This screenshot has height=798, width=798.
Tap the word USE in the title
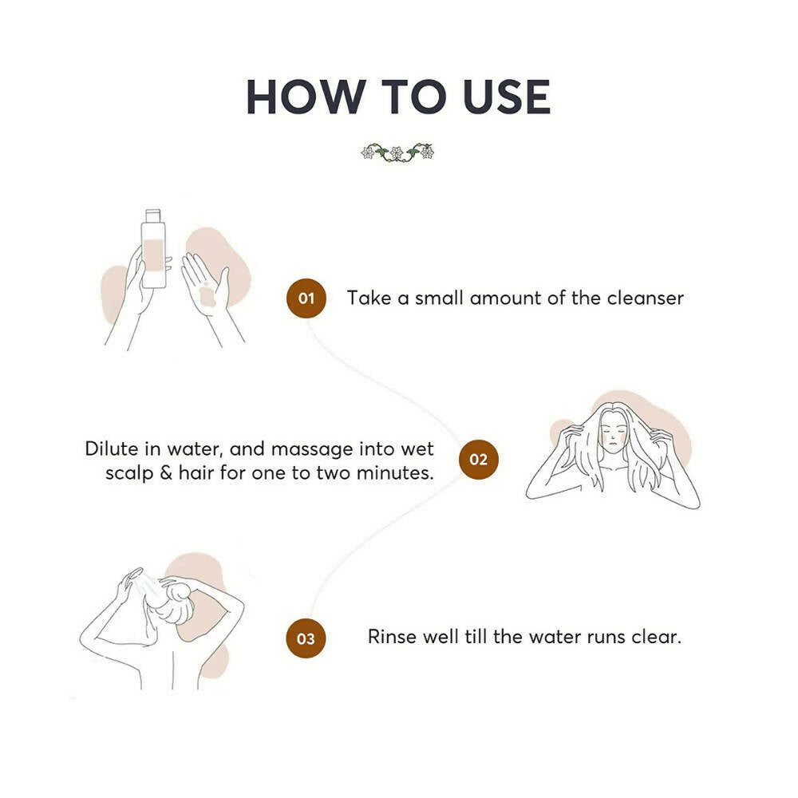pos(507,97)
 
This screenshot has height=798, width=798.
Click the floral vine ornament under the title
pos(397,152)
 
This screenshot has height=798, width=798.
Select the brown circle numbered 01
pos(306,298)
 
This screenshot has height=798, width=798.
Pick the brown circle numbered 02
pos(478,460)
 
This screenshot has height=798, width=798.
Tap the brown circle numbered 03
pos(306,638)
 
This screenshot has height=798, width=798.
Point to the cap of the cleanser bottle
pos(153,215)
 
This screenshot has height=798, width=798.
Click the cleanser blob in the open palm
pos(207,296)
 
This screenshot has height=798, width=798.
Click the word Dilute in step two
pos(112,448)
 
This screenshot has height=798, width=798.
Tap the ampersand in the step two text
pos(166,472)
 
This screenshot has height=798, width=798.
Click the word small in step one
pos(439,298)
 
